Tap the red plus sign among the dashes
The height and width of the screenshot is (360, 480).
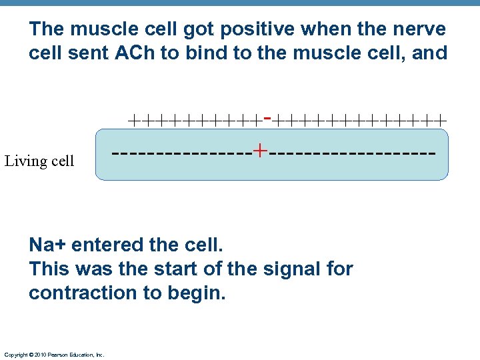click(260, 151)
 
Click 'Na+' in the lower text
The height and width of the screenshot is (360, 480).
click(47, 245)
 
